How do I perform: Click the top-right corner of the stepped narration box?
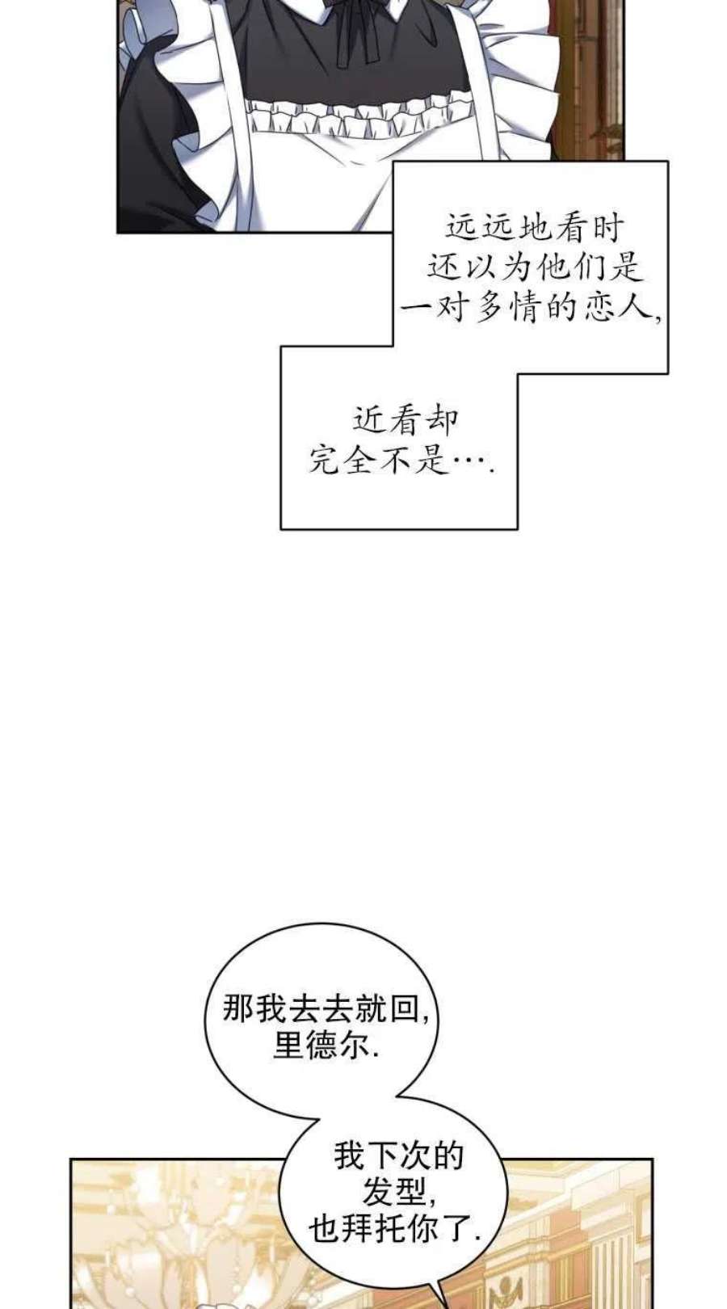668,162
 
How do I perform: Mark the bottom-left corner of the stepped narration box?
281,529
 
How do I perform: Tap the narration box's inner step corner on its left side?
392,346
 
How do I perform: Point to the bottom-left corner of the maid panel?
117,233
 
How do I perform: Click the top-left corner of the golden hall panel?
71,1159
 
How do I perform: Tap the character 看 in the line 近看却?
405,421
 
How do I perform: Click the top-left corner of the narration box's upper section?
392,162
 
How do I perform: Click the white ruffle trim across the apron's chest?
356,118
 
